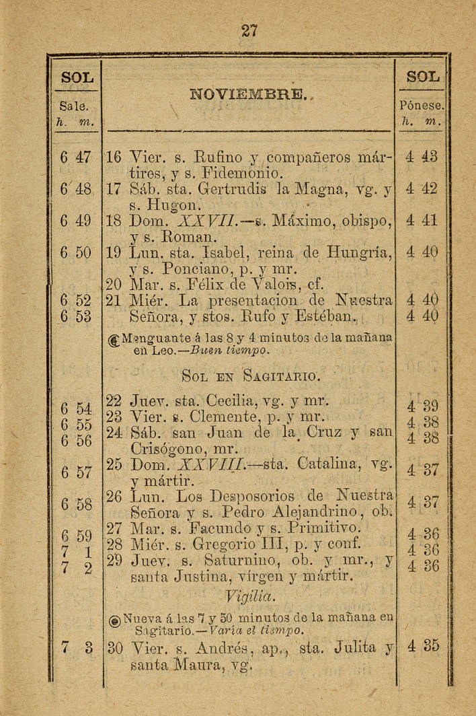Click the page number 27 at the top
point(249,31)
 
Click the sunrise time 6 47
point(75,158)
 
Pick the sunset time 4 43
point(422,157)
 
